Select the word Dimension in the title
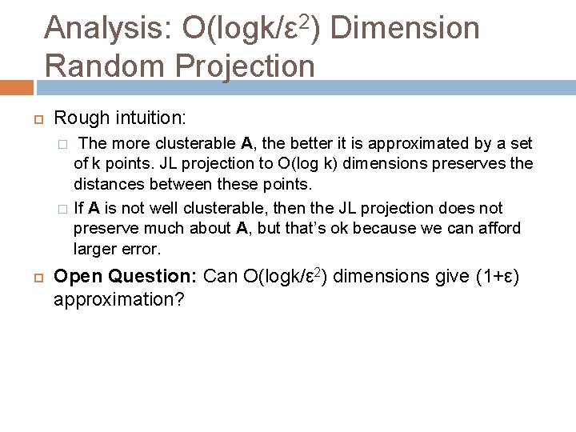click(404, 29)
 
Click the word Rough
click(78, 118)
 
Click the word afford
click(496, 229)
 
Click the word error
click(142, 249)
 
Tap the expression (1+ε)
click(497, 278)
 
